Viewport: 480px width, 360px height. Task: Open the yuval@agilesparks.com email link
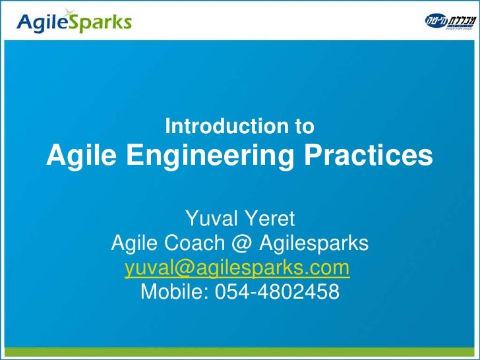click(x=237, y=268)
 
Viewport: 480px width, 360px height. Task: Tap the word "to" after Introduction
click(x=304, y=125)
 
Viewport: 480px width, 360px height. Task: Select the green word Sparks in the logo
click(x=99, y=24)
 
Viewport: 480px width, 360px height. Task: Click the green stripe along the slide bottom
click(x=240, y=353)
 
